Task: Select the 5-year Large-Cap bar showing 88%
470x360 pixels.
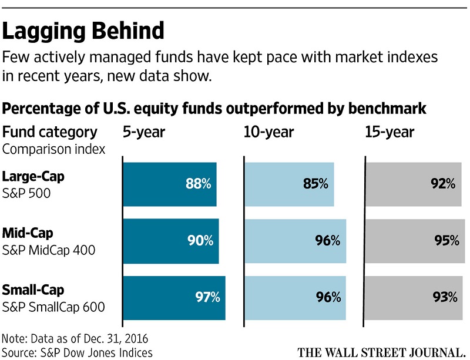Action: (x=169, y=184)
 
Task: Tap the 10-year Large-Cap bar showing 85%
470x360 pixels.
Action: (x=289, y=184)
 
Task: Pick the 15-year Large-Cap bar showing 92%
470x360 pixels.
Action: (x=414, y=184)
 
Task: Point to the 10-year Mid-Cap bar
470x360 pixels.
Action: (x=295, y=240)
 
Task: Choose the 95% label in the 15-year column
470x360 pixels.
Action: (x=446, y=240)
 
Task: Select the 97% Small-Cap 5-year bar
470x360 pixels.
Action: (x=174, y=297)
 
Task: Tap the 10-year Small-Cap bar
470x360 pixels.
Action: (x=296, y=297)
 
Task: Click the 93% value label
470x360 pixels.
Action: (x=445, y=297)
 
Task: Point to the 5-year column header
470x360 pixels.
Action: (x=144, y=132)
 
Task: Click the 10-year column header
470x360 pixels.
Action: (x=268, y=132)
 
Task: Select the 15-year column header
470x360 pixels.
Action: (x=390, y=132)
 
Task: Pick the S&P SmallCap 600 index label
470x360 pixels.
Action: (x=53, y=306)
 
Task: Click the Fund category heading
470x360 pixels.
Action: (x=50, y=132)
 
